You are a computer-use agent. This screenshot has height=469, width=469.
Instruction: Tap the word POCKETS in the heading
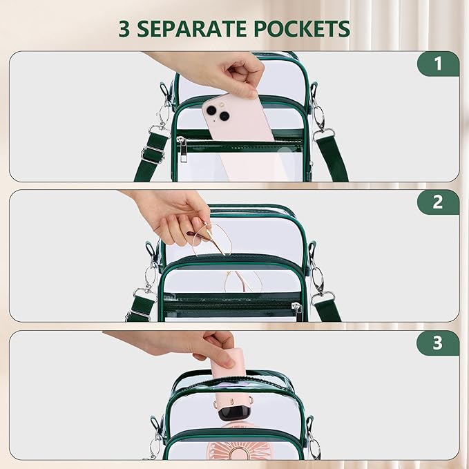click(302, 29)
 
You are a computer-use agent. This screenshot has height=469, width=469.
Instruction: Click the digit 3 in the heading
click(124, 29)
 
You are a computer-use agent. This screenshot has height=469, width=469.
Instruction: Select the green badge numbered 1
click(438, 64)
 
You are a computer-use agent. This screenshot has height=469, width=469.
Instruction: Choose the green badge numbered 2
click(438, 202)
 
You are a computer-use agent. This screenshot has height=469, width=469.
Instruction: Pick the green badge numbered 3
click(438, 343)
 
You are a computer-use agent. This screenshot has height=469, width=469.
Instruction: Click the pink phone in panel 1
click(236, 118)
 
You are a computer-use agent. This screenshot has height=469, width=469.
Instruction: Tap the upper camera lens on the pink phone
click(211, 111)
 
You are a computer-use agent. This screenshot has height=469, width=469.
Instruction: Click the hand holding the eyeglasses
click(173, 217)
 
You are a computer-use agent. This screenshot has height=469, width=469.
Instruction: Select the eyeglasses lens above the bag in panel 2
click(212, 239)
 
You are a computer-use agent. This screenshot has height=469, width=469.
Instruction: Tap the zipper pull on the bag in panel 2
click(298, 312)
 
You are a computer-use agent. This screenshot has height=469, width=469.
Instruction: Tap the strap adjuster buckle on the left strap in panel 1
click(153, 154)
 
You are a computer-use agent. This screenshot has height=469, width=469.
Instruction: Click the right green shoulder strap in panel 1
click(332, 159)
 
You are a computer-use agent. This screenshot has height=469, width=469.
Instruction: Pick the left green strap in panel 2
click(140, 308)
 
